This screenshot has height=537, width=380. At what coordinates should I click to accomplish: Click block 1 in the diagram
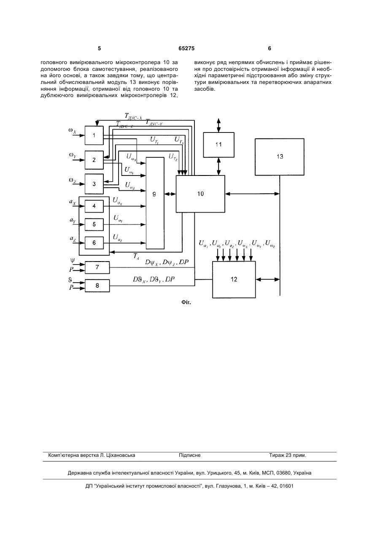pos(94,135)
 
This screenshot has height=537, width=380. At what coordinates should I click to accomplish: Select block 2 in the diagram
pos(94,160)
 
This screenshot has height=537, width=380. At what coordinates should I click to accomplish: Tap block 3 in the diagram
pos(94,184)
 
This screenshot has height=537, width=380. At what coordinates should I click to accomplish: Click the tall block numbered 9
pos(155,203)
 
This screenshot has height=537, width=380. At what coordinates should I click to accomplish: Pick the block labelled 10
pos(200,194)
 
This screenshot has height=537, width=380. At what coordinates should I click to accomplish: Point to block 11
pos(218,145)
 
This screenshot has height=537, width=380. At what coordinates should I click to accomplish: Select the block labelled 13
pos(280,157)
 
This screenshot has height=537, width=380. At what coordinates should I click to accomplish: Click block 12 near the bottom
pos(234,280)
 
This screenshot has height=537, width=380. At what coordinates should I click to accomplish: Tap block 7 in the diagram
pos(97,267)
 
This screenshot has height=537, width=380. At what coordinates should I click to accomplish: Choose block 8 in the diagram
pos(97,286)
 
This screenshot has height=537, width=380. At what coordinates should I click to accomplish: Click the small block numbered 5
pos(94,224)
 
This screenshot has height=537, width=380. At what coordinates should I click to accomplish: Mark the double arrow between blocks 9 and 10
pos(170,194)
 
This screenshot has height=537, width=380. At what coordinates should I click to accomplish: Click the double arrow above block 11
pos(218,125)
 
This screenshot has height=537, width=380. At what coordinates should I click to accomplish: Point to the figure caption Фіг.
pos(186,302)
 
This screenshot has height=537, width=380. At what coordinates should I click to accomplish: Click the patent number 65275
pos(186,49)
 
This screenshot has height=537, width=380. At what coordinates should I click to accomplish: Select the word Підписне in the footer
pos(190,455)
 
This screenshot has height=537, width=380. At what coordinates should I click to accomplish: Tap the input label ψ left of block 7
pos(72,260)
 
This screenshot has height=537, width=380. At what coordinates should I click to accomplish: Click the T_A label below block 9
pos(136,256)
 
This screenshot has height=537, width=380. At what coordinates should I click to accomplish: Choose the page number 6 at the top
pos(270,49)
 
